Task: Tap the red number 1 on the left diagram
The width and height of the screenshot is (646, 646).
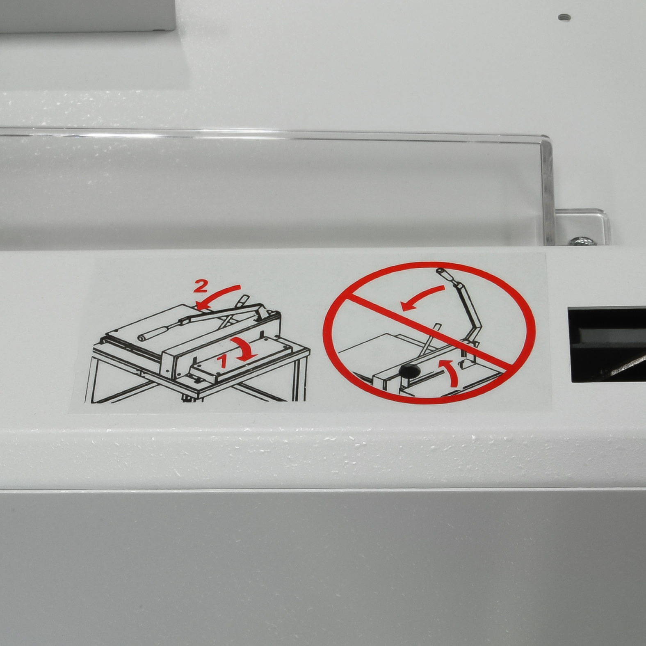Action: tap(223, 361)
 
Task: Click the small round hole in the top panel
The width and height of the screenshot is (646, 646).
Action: tap(565, 18)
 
